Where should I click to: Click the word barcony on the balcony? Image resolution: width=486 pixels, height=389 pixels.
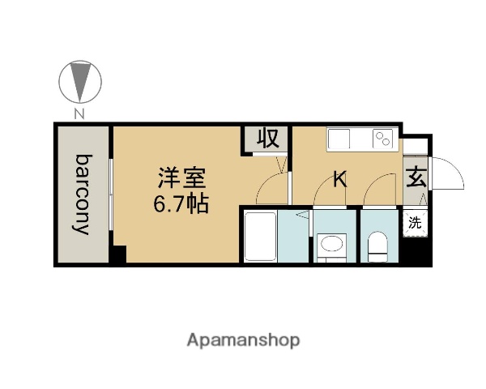(83, 194)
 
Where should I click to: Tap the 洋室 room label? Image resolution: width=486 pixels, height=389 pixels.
(181, 177)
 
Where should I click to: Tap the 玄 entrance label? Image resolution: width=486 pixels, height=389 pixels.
(416, 177)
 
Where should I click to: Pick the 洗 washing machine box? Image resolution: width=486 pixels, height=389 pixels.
(415, 220)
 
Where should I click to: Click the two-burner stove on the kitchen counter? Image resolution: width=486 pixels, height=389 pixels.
(382, 139)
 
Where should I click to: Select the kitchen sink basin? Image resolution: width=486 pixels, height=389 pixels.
(339, 139)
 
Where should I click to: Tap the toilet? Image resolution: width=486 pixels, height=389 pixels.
(377, 244)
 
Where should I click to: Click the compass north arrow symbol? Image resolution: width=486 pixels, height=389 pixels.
(79, 81)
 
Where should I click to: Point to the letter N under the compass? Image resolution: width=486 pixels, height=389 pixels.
(79, 114)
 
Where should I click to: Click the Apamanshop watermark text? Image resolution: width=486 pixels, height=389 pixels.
(244, 340)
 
